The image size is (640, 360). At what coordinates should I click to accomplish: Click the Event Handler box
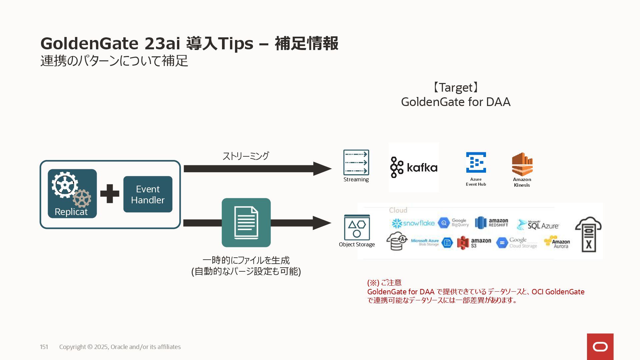(148, 194)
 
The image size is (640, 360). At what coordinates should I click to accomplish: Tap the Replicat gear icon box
(72, 193)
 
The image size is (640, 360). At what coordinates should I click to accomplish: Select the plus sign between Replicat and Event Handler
(110, 194)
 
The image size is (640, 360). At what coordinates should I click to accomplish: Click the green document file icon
(246, 223)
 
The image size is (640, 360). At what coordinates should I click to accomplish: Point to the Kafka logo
(414, 167)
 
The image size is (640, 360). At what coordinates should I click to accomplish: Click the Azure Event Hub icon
(476, 163)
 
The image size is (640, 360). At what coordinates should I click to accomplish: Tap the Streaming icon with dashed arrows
(356, 162)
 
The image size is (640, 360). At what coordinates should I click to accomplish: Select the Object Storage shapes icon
(357, 228)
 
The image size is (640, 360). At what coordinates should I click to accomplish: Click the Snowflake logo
(413, 223)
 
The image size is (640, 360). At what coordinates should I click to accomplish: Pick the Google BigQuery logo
(453, 223)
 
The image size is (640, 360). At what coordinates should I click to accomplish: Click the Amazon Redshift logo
(492, 223)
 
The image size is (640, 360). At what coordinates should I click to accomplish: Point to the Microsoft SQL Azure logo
(538, 225)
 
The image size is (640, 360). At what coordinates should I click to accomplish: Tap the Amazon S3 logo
(474, 243)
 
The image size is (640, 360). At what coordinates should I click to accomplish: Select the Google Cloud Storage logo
(517, 243)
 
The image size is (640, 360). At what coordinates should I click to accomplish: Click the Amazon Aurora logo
(557, 242)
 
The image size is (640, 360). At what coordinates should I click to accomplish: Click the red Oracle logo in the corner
(600, 347)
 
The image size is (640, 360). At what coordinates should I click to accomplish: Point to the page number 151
(44, 347)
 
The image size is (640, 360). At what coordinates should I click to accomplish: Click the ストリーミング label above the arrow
(246, 156)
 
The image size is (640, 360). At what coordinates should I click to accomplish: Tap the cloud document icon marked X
(588, 234)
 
